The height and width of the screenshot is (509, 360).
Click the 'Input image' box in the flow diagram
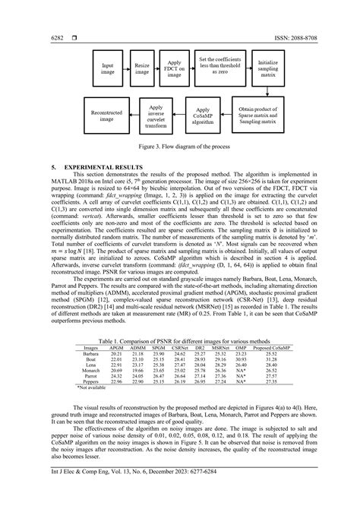108,68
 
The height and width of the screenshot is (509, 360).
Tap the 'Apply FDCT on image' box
174,68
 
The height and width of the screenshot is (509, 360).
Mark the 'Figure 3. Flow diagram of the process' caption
180,146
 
